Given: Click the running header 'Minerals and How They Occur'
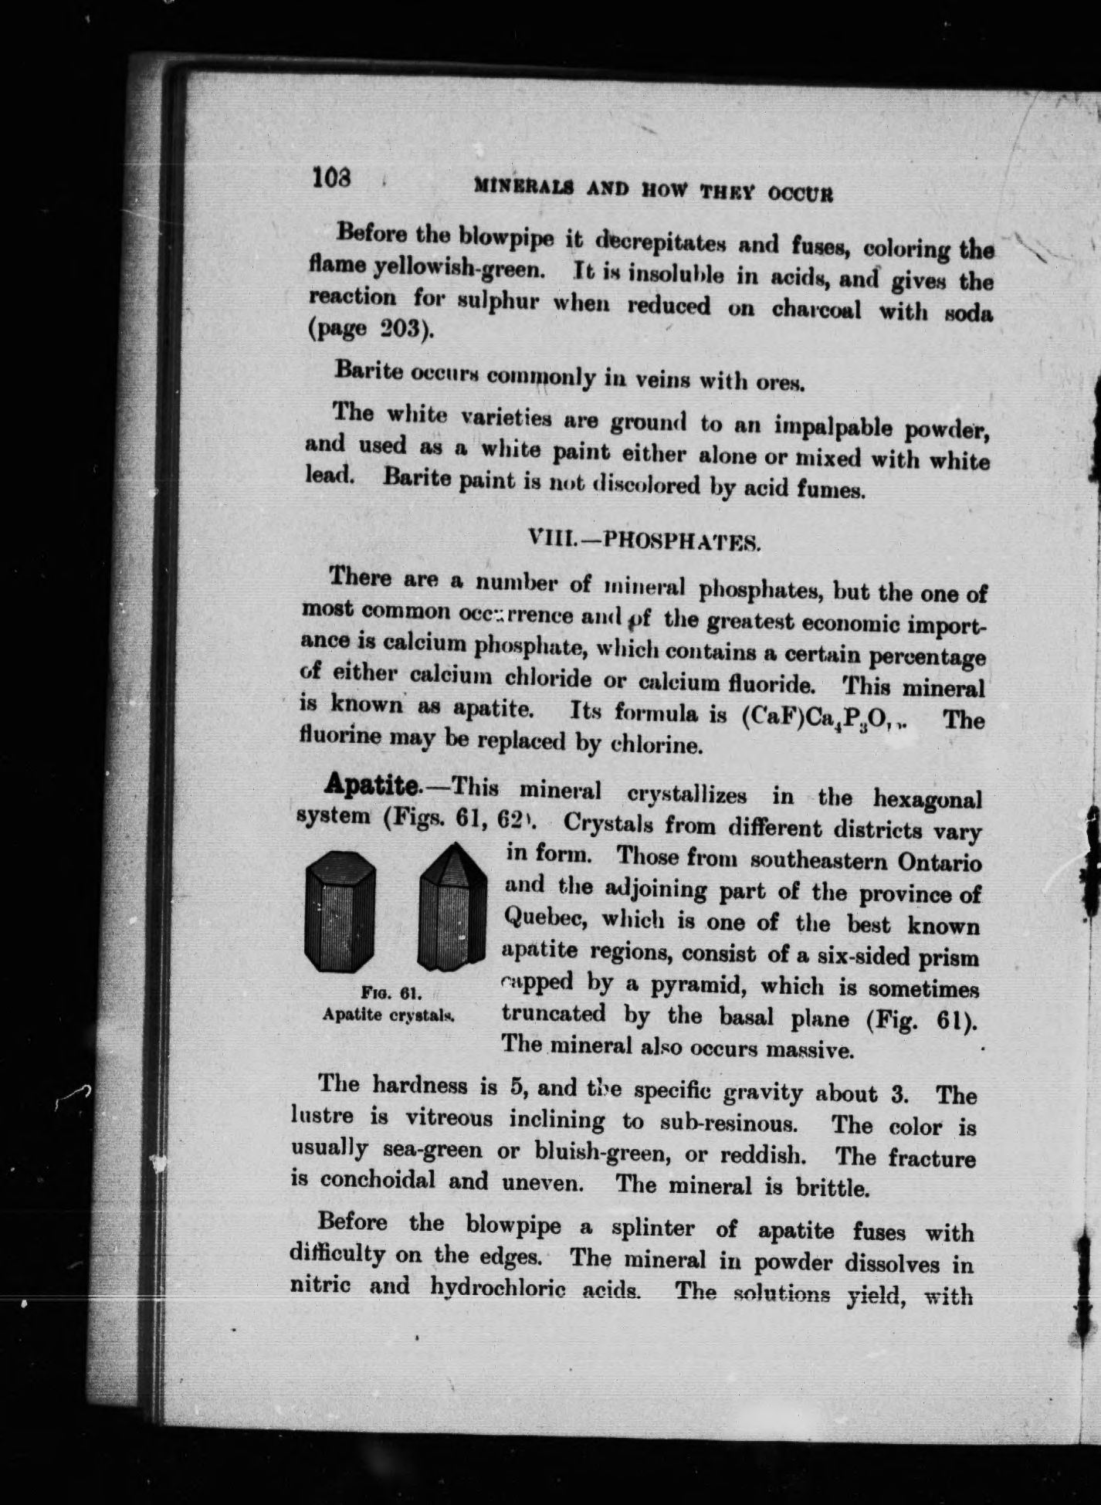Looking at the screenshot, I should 653,189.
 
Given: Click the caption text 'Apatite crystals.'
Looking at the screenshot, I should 388,1015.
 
